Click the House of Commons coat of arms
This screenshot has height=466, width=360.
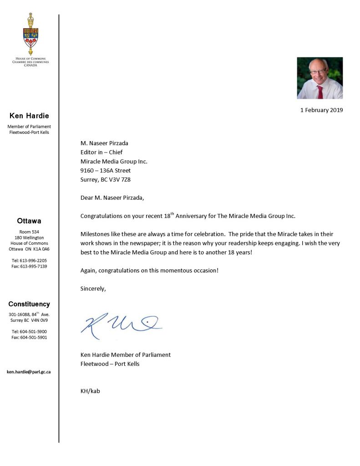[30, 35]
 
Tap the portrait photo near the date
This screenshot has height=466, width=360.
[319, 78]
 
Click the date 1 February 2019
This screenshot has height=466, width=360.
[321, 110]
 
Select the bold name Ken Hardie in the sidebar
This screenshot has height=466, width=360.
[29, 116]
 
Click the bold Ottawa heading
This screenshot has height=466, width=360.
[29, 221]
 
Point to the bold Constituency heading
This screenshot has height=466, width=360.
[29, 304]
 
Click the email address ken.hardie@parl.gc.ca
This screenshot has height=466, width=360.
[29, 372]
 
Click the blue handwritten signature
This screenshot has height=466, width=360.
[121, 324]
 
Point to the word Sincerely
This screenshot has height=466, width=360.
[93, 289]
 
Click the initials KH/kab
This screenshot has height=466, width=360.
[90, 390]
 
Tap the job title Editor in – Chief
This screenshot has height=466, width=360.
[101, 152]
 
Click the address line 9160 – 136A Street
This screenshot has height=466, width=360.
[106, 170]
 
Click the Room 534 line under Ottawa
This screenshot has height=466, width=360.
[29, 232]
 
